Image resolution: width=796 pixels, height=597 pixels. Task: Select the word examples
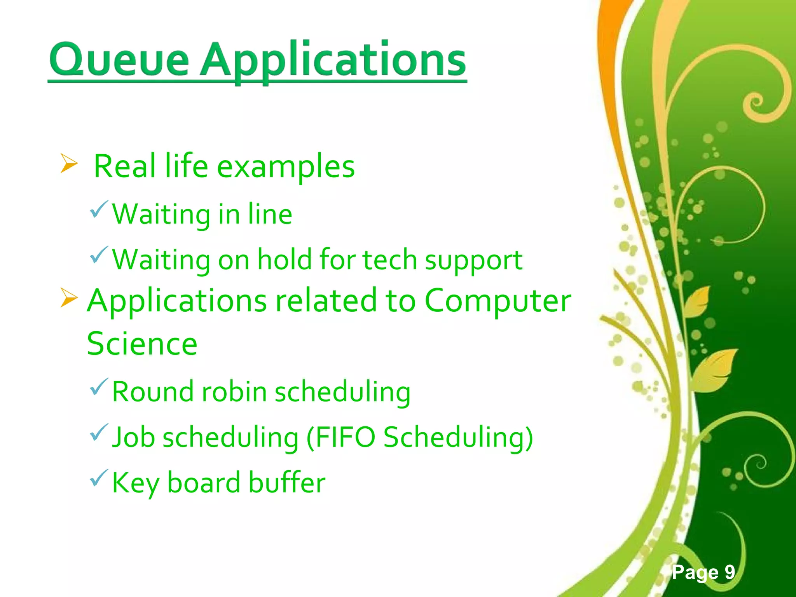286,167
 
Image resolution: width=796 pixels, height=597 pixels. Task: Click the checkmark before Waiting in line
98,209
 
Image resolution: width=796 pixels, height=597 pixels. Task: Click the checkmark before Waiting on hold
98,255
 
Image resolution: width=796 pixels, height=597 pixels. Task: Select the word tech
390,260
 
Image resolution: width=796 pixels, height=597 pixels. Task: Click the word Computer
497,301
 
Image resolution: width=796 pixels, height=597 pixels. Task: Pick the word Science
142,344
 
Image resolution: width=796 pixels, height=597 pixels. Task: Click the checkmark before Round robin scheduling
98,387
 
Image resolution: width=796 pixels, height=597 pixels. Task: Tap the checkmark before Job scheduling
98,432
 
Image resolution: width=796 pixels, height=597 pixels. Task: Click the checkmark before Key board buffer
98,478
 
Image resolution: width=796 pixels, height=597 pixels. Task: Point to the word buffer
286,483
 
